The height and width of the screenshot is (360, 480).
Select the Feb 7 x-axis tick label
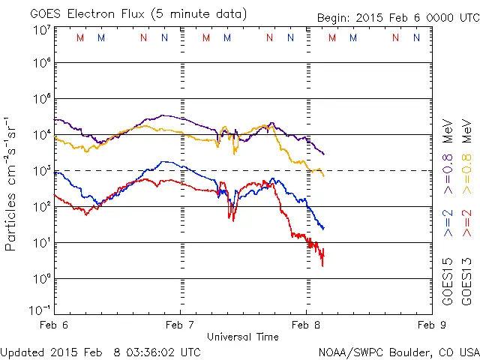tap(179, 325)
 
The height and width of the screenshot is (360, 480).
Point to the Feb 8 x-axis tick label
tap(305, 325)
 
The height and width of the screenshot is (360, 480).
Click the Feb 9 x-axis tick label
tap(432, 325)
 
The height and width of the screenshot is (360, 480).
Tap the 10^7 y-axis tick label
tap(41, 30)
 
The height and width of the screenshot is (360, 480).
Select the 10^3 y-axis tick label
tap(41, 172)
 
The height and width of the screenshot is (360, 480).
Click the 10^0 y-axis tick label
tap(41, 279)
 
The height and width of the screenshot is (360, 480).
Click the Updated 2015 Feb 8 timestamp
tap(100, 351)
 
